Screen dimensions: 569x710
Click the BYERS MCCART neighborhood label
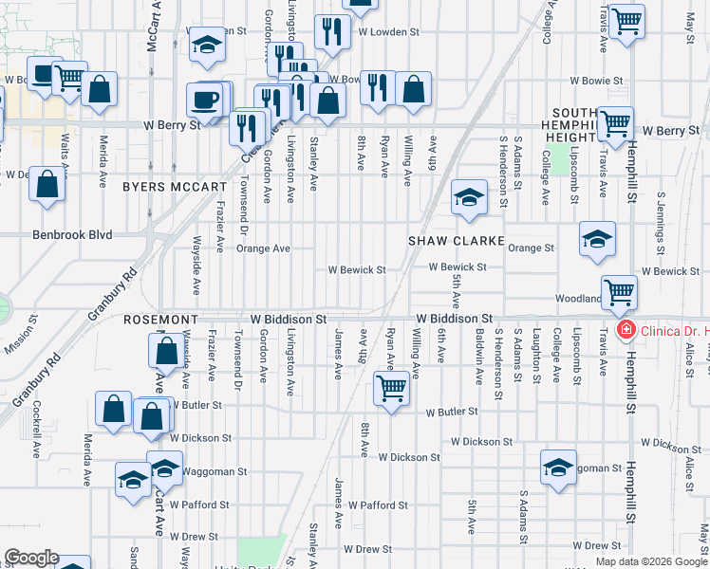pos(175,187)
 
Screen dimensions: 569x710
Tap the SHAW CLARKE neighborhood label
pos(456,241)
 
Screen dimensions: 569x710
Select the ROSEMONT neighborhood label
pos(160,320)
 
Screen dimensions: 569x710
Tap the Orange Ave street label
pos(263,248)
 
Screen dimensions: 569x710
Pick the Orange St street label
pos(531,248)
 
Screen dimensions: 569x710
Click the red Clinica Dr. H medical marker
pos(626,330)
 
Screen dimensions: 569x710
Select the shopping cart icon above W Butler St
pos(391,388)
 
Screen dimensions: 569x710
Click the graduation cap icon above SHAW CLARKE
pos(468,198)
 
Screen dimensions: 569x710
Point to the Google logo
pos(31,558)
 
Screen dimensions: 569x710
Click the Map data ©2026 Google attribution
pos(651,561)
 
